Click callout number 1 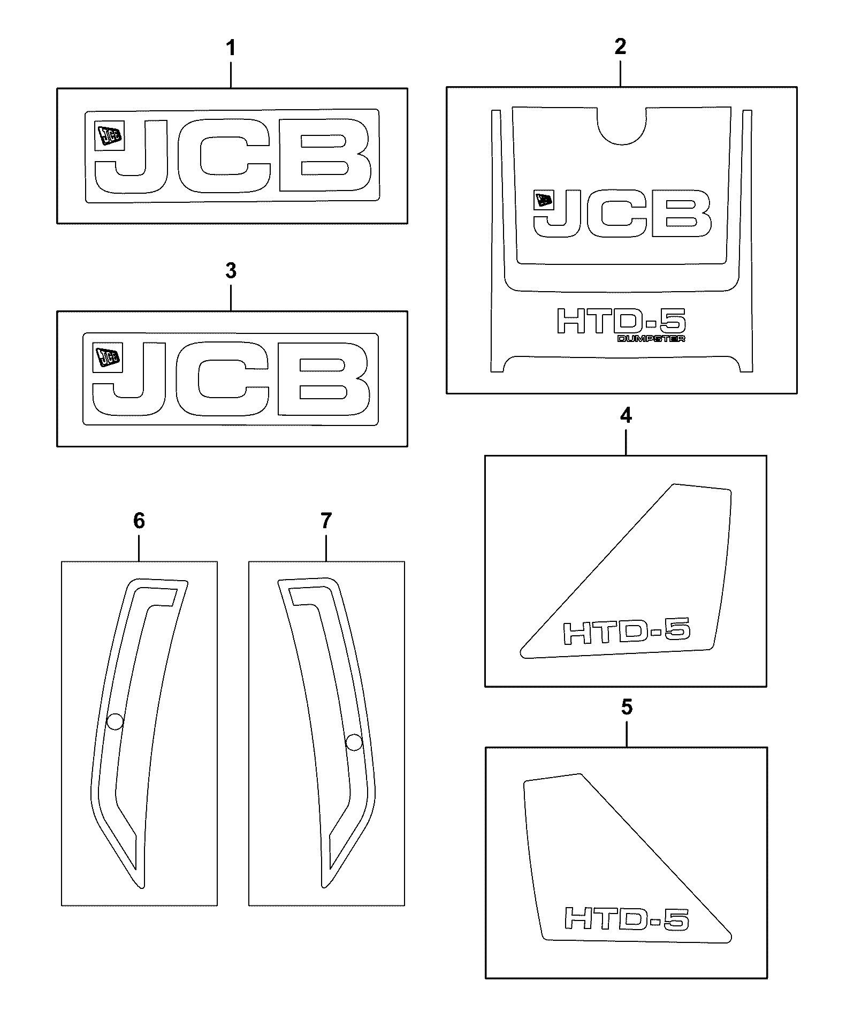[x=231, y=49]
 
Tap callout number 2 [x=620, y=47]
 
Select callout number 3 [x=231, y=271]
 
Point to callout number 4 [x=626, y=416]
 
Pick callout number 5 [x=627, y=707]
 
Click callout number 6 [x=139, y=520]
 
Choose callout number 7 [x=326, y=520]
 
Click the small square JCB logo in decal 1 [x=109, y=135]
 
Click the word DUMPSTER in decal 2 [x=651, y=338]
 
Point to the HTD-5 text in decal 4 [x=627, y=631]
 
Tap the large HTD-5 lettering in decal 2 [x=621, y=322]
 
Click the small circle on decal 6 [x=115, y=722]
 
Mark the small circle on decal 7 [x=354, y=742]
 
